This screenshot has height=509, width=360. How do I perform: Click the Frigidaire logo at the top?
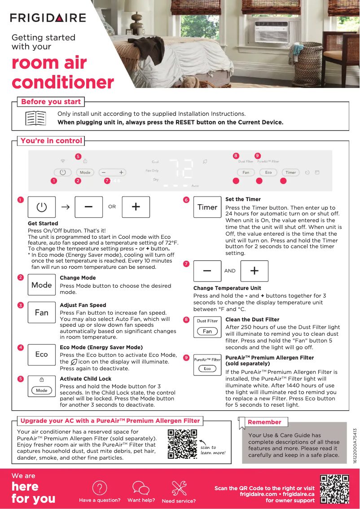[48, 18]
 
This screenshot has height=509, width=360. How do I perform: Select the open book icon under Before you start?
[35, 118]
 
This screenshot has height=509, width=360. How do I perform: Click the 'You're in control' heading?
[51, 140]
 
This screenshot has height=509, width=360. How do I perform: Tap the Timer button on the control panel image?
[290, 172]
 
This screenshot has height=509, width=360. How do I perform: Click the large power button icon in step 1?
[42, 207]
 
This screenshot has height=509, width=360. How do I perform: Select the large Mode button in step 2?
[42, 285]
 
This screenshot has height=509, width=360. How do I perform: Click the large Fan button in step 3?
[42, 312]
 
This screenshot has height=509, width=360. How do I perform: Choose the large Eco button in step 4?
[42, 355]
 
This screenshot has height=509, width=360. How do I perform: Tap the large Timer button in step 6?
[207, 207]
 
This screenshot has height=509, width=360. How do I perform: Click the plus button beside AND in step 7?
[254, 271]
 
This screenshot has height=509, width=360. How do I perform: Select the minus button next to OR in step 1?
[88, 207]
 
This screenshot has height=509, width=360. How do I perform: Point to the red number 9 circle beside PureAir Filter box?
[186, 358]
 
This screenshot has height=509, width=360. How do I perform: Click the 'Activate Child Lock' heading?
[85, 379]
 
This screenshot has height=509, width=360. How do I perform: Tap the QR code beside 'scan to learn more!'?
[182, 444]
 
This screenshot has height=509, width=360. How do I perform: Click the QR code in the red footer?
[334, 489]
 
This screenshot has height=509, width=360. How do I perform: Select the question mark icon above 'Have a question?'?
[99, 488]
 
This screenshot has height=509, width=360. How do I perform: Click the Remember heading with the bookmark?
[264, 422]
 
